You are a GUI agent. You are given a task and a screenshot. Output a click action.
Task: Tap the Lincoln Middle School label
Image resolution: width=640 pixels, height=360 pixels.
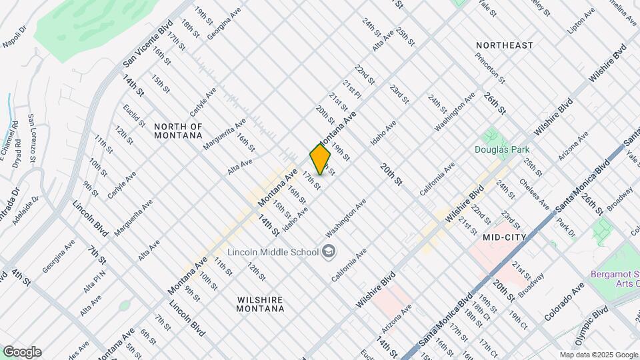[x=273, y=252]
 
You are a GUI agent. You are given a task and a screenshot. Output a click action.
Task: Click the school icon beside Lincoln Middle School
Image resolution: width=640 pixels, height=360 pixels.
[x=328, y=251]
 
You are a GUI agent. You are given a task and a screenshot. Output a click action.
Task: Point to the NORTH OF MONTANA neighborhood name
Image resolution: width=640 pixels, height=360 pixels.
[x=178, y=131]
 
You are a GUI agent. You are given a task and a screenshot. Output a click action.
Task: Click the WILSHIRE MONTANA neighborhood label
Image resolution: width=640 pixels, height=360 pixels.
[x=261, y=304]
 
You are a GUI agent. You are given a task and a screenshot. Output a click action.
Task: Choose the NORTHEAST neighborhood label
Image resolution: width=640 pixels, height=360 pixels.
[x=505, y=45]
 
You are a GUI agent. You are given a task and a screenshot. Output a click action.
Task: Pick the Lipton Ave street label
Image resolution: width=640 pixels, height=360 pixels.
[x=580, y=23]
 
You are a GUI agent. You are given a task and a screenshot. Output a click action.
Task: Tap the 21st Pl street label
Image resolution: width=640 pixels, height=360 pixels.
[x=352, y=91]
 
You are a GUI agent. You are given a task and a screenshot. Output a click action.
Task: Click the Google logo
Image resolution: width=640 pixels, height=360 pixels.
[x=22, y=352]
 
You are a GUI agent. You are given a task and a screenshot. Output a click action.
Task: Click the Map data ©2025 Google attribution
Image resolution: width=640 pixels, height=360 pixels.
[x=598, y=355]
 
